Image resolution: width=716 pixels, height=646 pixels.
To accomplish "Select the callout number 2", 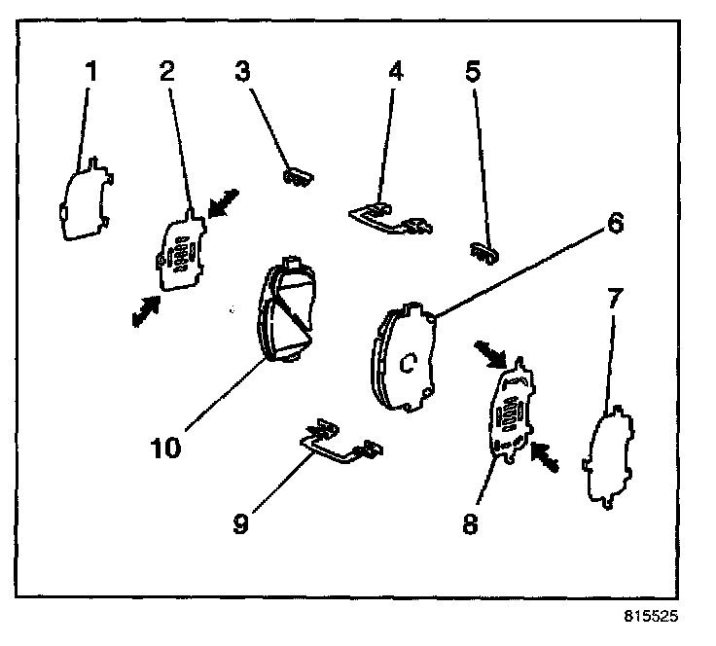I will click(x=166, y=73).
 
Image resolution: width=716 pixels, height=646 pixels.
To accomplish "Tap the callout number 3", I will click(x=242, y=71).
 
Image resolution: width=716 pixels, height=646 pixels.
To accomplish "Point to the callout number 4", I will click(x=394, y=73).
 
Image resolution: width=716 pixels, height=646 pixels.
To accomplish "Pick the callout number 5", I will click(x=474, y=73).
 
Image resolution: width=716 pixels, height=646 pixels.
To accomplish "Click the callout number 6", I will click(x=614, y=223).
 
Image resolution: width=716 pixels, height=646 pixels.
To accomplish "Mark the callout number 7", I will click(x=614, y=301).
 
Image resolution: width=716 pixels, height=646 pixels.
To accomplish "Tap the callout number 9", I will click(x=240, y=522).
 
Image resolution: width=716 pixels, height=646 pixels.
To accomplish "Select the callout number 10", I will click(x=166, y=449).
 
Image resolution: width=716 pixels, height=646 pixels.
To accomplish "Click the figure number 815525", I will click(x=651, y=617).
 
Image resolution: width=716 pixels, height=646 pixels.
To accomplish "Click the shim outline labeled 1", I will click(x=86, y=199).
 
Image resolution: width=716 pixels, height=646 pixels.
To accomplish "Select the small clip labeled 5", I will click(x=483, y=251).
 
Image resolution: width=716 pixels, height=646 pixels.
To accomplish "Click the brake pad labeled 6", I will click(x=404, y=355).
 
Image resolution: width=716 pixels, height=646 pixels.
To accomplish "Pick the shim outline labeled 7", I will click(x=610, y=457).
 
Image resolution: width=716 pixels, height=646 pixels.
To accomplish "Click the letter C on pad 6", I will click(x=410, y=363).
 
